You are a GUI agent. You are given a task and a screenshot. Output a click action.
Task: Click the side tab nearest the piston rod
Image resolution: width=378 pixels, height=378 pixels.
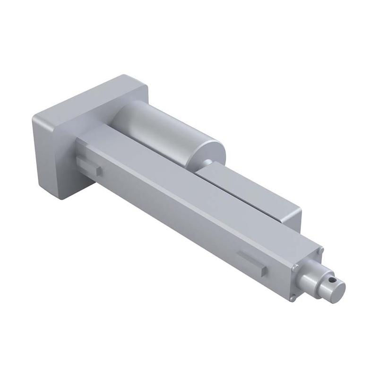click(252, 264)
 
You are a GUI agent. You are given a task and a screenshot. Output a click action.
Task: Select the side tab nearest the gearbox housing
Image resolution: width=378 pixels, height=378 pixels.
click(89, 166)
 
